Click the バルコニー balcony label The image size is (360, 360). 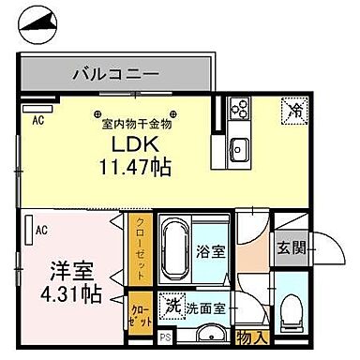point(113,72)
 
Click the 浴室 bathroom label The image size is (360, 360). point(211,252)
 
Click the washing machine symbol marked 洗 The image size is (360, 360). point(172,305)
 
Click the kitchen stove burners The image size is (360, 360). point(237,108)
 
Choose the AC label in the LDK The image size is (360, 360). point(39,120)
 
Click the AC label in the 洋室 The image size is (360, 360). point(41,228)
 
